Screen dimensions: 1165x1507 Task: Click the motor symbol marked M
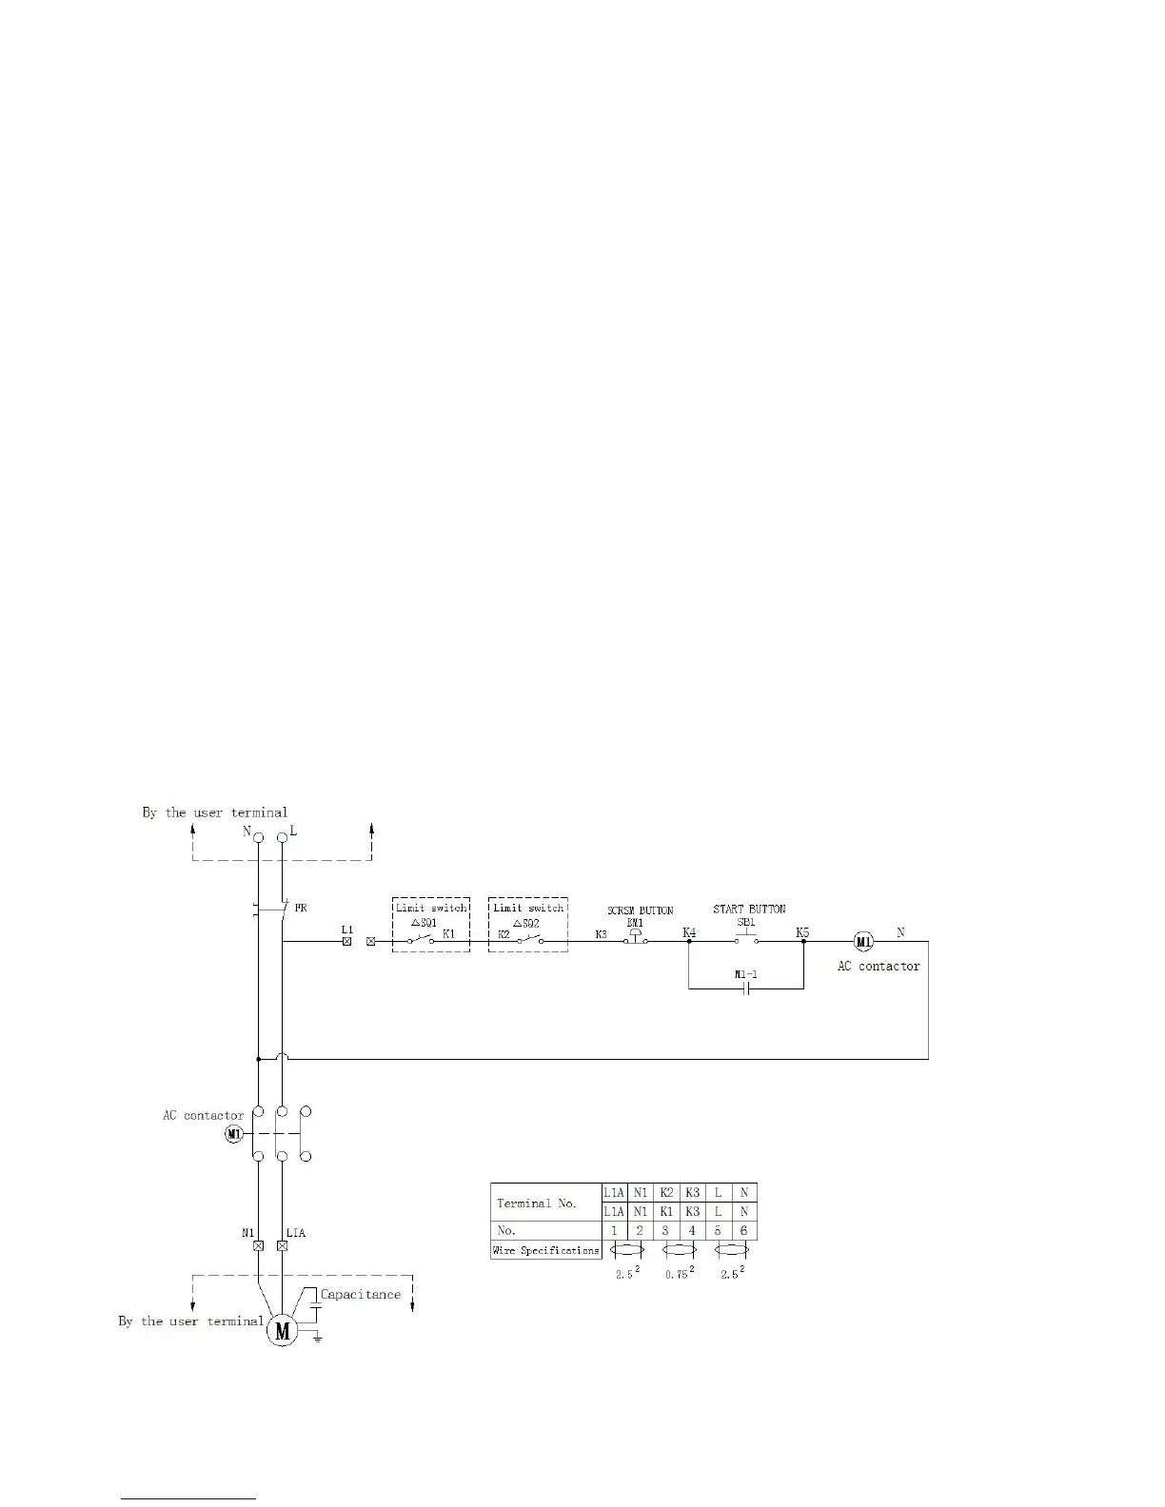[282, 1331]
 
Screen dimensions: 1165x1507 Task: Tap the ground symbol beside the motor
[317, 1338]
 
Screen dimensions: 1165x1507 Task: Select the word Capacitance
[361, 1294]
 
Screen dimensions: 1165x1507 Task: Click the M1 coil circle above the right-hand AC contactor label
[863, 942]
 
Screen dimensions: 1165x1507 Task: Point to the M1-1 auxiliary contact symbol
[746, 988]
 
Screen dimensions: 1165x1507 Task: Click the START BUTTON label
[749, 909]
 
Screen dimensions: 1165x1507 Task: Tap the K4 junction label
[689, 932]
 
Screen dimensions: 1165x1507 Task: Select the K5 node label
[802, 932]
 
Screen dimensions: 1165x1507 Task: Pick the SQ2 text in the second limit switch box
[528, 923]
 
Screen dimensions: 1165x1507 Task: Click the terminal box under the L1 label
[346, 942]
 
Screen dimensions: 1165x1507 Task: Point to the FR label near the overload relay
[300, 909]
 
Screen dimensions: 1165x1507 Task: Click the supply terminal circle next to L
[282, 837]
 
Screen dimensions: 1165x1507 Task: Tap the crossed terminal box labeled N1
[257, 1245]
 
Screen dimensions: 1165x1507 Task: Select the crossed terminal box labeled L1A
[282, 1245]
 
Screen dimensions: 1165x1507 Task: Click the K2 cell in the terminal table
[666, 1192]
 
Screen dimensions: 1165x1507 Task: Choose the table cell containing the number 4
[692, 1230]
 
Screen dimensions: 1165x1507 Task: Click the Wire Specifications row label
[546, 1250]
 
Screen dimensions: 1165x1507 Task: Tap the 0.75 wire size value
[677, 1274]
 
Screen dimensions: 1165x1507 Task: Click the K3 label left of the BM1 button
[602, 934]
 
